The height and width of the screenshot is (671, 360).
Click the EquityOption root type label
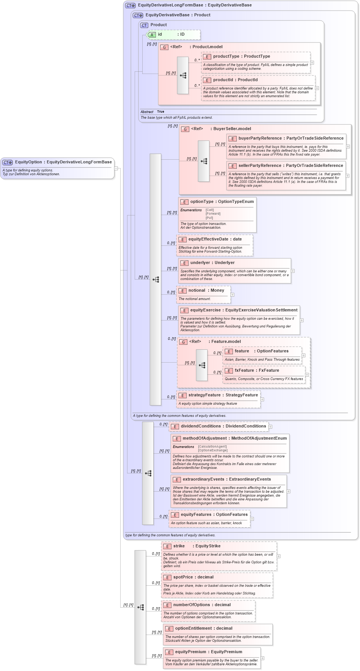[x=63, y=162]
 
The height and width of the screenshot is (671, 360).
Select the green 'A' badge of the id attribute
[x=152, y=35]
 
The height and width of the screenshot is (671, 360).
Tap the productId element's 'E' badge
[x=207, y=80]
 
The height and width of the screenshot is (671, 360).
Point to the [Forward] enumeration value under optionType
[x=213, y=214]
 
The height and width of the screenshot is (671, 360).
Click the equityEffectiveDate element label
[x=215, y=239]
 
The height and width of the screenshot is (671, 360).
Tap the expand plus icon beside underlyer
[x=293, y=271]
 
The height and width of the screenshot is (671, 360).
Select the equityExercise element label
[x=244, y=310]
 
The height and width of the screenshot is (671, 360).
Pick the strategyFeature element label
[x=223, y=395]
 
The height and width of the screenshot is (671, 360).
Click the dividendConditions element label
[x=223, y=426]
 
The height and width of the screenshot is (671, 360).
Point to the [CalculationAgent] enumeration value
[x=212, y=446]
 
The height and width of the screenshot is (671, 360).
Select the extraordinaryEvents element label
[x=226, y=479]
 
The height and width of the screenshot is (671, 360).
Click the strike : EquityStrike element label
[x=197, y=546]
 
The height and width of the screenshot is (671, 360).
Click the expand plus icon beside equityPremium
[x=263, y=658]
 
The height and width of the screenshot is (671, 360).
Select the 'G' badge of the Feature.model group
[x=183, y=342]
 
